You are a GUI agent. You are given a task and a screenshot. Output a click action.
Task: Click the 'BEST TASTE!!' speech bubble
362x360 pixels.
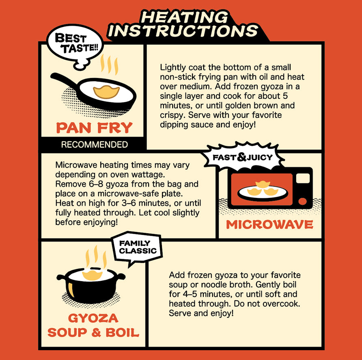[75, 44]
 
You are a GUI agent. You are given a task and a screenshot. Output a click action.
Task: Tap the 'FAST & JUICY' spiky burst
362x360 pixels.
[243, 157]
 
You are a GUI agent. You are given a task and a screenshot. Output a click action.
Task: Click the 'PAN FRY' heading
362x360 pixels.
[94, 128]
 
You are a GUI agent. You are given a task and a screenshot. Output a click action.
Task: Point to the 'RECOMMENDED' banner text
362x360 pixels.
[95, 145]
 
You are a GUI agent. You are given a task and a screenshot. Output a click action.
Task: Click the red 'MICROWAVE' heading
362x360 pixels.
[269, 225]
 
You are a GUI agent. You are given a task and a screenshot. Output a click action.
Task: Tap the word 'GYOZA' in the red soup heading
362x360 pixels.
[93, 318]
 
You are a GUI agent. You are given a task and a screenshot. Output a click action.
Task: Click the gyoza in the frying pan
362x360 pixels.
[106, 92]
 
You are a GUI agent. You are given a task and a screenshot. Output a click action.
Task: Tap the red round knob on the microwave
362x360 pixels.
[302, 201]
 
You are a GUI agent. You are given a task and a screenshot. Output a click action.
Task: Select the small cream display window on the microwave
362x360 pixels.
[303, 178]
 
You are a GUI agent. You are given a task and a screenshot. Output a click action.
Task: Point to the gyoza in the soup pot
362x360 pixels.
[93, 275]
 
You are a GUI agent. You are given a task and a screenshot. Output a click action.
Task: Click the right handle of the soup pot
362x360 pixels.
[121, 277]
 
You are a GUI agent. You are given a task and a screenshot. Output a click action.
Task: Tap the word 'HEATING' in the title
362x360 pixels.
[184, 17]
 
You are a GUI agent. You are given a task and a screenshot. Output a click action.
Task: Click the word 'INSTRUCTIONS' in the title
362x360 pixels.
[183, 30]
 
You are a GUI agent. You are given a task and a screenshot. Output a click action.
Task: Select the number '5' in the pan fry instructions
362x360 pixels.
[285, 96]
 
